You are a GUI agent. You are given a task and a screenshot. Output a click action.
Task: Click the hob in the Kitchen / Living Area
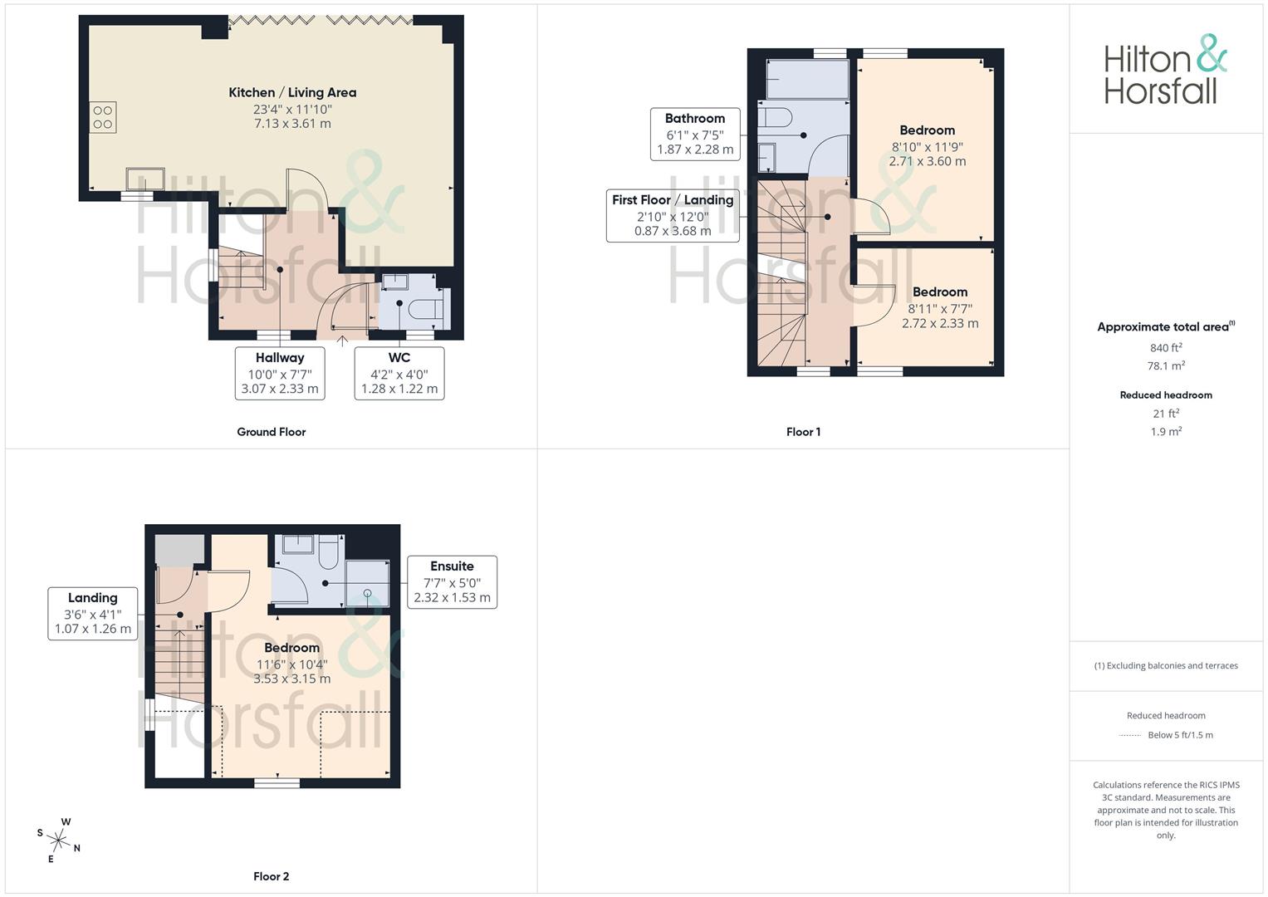[102, 117]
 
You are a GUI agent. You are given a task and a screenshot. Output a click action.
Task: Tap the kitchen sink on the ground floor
[145, 179]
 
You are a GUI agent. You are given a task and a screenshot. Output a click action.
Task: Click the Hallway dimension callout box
[280, 373]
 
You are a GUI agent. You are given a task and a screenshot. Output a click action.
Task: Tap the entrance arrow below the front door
[342, 341]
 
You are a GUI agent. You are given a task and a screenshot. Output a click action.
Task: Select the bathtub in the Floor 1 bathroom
[807, 79]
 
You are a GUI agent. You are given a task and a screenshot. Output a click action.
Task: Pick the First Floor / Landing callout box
[673, 216]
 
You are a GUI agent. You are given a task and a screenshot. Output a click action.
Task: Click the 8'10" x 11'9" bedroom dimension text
[928, 147]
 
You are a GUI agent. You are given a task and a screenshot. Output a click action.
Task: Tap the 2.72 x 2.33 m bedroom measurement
[940, 323]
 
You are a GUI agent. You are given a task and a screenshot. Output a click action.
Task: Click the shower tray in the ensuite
[367, 583]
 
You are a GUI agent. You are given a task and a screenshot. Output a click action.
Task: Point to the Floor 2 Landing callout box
[92, 613]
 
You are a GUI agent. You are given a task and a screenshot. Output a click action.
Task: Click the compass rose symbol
[58, 841]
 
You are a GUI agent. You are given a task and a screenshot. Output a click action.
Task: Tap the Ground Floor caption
[272, 432]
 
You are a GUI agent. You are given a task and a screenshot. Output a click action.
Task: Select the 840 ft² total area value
[1166, 348]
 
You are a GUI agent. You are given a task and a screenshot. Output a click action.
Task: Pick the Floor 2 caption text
[272, 876]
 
